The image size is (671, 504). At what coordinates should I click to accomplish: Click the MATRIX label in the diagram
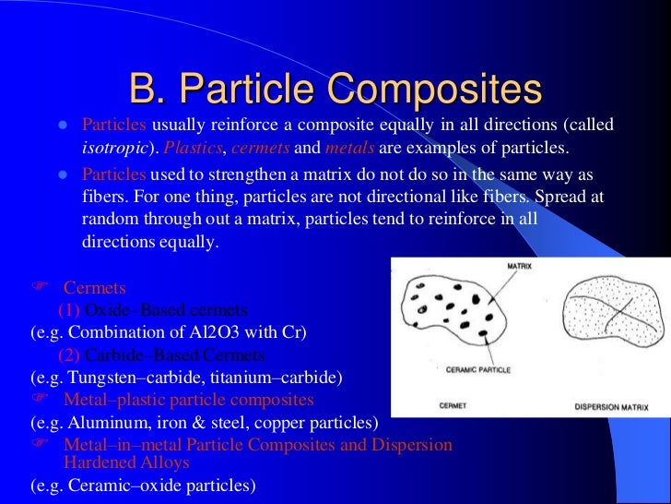click(x=519, y=266)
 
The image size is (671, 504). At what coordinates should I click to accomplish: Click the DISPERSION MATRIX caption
click(x=610, y=406)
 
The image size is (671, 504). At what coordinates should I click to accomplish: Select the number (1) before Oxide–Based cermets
click(x=68, y=310)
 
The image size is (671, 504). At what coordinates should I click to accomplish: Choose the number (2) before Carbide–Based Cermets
click(x=68, y=355)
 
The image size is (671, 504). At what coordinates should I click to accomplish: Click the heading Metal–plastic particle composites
click(x=188, y=400)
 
